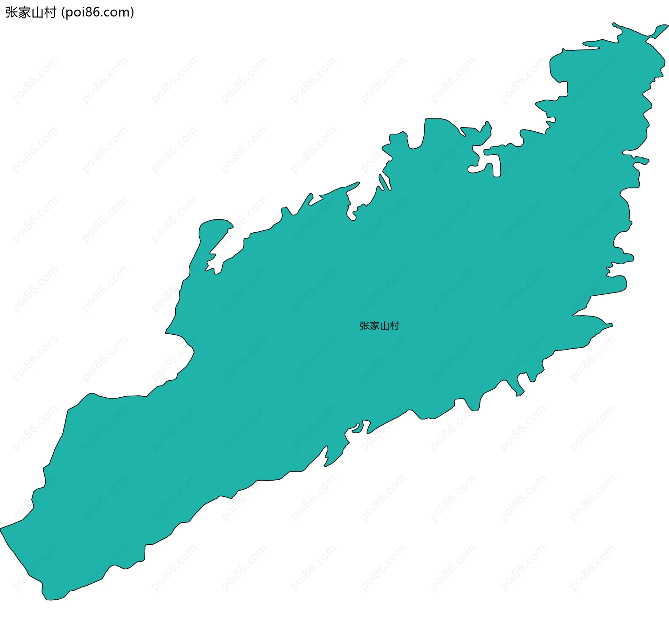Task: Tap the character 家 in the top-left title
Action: click(23, 13)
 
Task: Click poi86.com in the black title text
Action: click(97, 13)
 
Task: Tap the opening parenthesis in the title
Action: click(63, 13)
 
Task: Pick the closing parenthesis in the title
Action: click(132, 13)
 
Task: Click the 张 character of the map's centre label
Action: click(364, 326)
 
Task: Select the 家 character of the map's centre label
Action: click(375, 326)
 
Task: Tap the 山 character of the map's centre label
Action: click(384, 326)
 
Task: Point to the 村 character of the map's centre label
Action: click(394, 326)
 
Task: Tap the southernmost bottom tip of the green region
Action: click(47, 599)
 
